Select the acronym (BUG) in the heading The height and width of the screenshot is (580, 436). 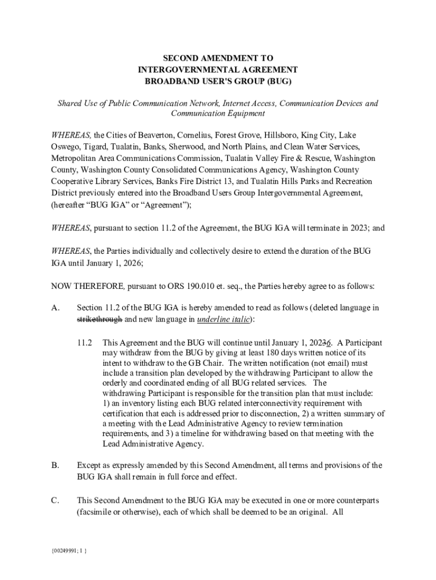coord(276,81)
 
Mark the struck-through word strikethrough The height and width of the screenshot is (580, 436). coord(99,319)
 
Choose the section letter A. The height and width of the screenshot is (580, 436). coord(55,308)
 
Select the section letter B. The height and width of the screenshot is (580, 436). coord(55,466)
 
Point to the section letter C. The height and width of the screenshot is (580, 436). coord(55,501)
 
